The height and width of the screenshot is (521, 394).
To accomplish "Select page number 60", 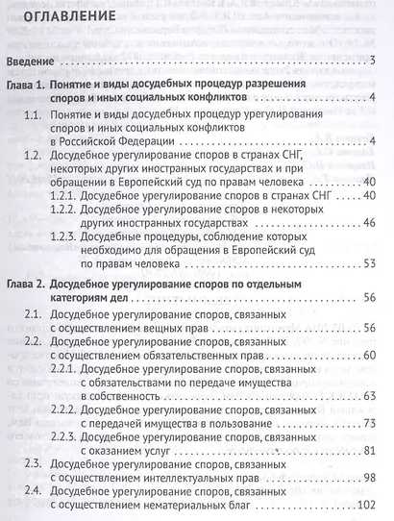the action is click(x=369, y=357).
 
